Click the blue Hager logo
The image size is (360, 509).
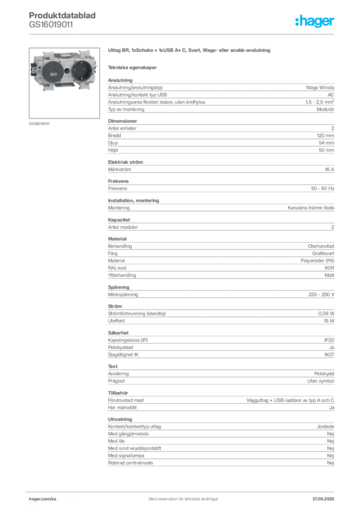315,22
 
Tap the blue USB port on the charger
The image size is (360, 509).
53,70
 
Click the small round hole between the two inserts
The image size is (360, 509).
67,71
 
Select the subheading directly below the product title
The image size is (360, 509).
133,67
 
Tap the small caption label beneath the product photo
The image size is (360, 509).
40,123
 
